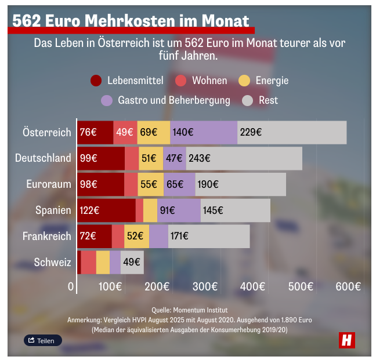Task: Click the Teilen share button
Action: point(43,340)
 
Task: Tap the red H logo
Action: point(347,340)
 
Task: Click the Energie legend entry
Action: point(265,81)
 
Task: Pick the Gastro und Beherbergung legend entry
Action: point(166,100)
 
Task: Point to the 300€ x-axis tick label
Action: point(205,286)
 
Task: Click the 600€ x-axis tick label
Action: point(348,286)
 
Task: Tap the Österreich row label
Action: point(46,132)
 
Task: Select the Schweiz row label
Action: point(52,262)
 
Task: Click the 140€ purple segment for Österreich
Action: point(204,132)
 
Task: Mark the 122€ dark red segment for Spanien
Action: point(107,210)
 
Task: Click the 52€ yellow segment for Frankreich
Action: point(136,237)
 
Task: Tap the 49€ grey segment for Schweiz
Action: point(132,262)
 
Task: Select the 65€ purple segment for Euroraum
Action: point(179,184)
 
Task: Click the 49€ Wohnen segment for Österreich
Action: point(125,132)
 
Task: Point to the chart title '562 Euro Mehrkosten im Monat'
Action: point(131,21)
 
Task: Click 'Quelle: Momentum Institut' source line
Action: point(189,310)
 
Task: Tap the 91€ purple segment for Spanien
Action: point(179,210)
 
